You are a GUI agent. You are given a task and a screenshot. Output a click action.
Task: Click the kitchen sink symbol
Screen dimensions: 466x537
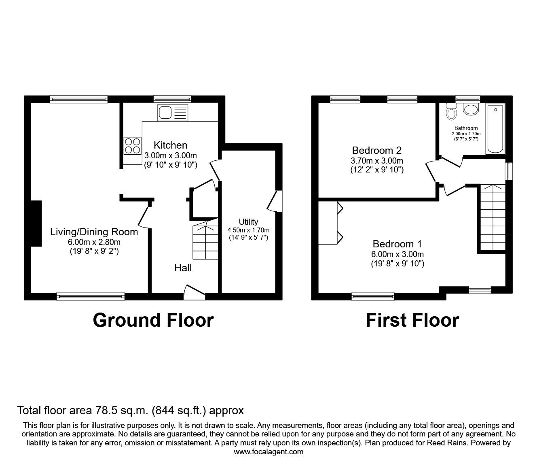[173, 112]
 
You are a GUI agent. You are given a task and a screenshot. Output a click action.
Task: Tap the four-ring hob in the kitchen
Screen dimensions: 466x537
[132, 146]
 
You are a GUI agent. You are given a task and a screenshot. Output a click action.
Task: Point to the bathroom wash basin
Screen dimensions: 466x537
[470, 109]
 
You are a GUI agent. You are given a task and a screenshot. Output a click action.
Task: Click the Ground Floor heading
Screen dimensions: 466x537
[153, 320]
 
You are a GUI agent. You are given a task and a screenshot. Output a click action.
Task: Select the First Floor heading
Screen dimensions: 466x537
[412, 320]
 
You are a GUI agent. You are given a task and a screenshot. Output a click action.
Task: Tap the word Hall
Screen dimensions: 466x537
[183, 268]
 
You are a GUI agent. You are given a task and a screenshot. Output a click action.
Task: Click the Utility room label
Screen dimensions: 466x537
[248, 222]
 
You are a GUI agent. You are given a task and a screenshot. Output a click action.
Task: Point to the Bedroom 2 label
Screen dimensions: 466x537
[376, 151]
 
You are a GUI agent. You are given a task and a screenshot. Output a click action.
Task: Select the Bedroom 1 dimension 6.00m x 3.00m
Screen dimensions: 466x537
[397, 254]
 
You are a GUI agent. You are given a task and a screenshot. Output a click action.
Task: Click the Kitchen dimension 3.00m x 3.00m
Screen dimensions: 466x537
[170, 155]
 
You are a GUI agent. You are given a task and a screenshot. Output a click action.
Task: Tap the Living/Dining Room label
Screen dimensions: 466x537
[94, 232]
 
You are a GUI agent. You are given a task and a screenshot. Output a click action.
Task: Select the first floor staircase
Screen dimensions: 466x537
[492, 217]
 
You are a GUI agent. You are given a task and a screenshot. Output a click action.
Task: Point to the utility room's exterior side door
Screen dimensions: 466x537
[275, 200]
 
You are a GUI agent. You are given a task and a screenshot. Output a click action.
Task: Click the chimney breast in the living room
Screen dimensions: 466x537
[36, 223]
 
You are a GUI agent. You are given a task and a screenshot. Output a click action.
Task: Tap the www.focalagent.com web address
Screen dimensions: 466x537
[268, 452]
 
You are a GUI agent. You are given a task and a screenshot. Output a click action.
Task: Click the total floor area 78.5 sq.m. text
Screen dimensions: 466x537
[130, 411]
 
